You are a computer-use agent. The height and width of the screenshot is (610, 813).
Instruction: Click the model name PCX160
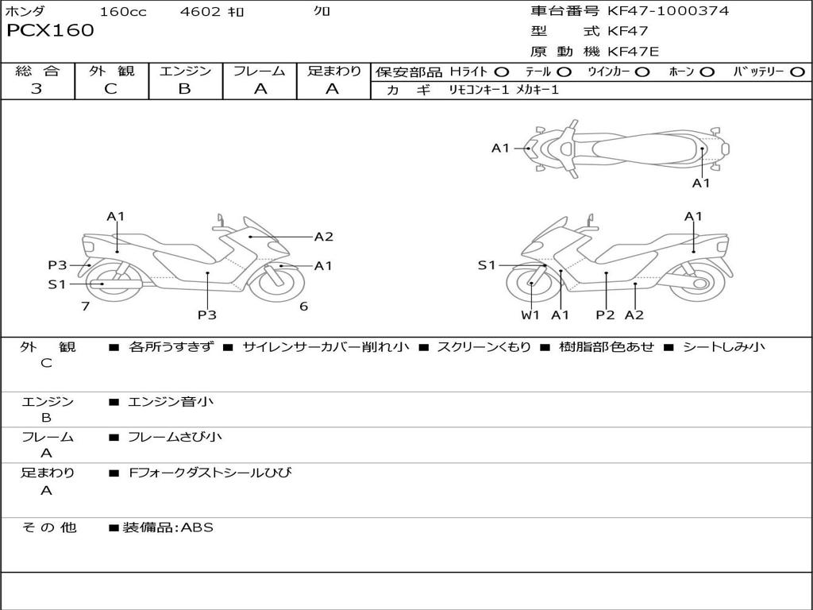click(x=50, y=31)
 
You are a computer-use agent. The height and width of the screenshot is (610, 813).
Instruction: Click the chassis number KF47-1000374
click(x=668, y=11)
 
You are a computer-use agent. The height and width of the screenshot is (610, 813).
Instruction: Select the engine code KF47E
click(x=633, y=52)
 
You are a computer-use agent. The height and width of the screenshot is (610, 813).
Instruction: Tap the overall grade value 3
click(x=37, y=89)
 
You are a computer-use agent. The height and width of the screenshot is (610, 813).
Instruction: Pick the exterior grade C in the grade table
click(x=110, y=89)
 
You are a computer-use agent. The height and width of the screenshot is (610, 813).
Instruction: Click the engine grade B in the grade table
click(x=184, y=89)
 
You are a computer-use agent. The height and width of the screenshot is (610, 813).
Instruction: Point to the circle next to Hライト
click(x=502, y=72)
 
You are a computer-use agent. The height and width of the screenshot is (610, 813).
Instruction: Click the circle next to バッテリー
click(x=797, y=72)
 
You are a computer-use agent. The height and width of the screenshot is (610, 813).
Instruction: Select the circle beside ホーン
click(x=707, y=72)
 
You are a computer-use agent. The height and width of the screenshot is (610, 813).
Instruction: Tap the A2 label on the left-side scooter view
click(x=324, y=237)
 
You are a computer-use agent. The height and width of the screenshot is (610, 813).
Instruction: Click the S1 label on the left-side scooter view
click(x=57, y=284)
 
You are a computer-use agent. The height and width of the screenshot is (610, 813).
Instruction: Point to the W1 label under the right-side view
click(x=530, y=315)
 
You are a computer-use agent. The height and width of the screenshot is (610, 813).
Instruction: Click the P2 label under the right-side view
click(x=605, y=315)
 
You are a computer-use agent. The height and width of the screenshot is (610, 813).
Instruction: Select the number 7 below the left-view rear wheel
click(x=86, y=307)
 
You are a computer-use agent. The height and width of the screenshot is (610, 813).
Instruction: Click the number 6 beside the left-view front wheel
click(x=304, y=307)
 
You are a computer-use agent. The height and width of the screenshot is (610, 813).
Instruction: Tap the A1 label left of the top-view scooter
click(x=500, y=149)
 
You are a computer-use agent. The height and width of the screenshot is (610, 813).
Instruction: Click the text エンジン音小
click(x=171, y=401)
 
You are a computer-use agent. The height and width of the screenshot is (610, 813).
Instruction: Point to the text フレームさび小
click(x=175, y=438)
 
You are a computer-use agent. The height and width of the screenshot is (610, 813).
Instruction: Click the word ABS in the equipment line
click(x=197, y=527)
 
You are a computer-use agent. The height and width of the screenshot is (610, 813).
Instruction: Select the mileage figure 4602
click(x=200, y=11)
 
